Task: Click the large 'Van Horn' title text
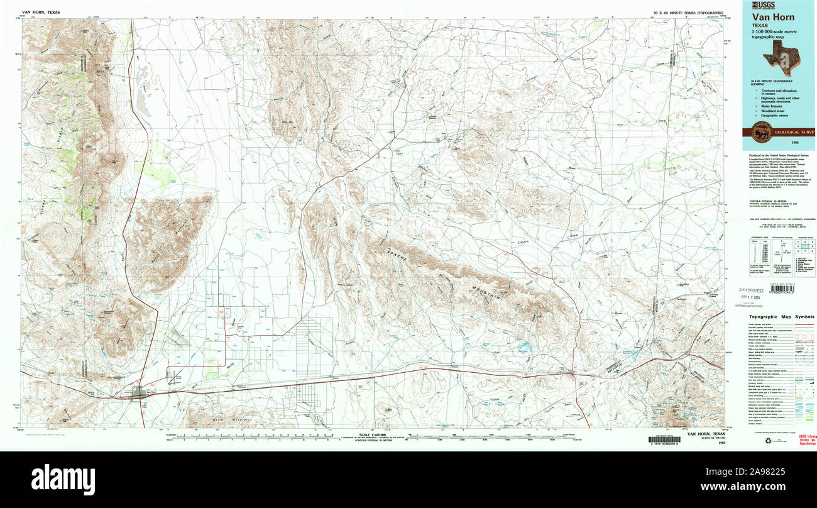[x=772, y=17]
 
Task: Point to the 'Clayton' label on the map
[x=524, y=241]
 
